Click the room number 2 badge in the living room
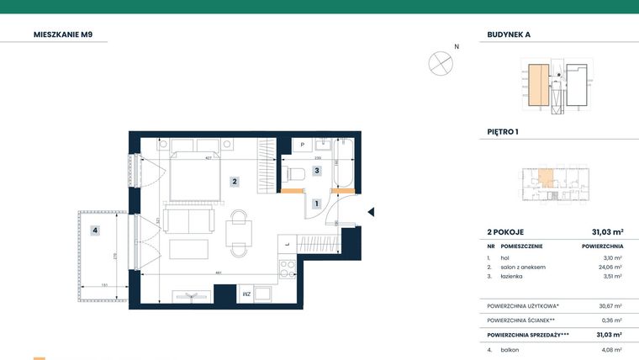tap(236, 181)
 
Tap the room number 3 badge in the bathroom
tap(316, 171)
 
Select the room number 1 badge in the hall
tap(316, 204)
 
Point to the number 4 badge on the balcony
tap(96, 230)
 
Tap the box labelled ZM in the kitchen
tap(246, 294)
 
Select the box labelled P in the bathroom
tap(302, 146)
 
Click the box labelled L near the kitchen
tap(287, 245)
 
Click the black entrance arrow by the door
tap(371, 212)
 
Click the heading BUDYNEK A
tap(509, 35)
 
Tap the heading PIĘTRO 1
tap(503, 132)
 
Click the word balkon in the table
tap(510, 348)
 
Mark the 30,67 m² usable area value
tap(610, 305)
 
